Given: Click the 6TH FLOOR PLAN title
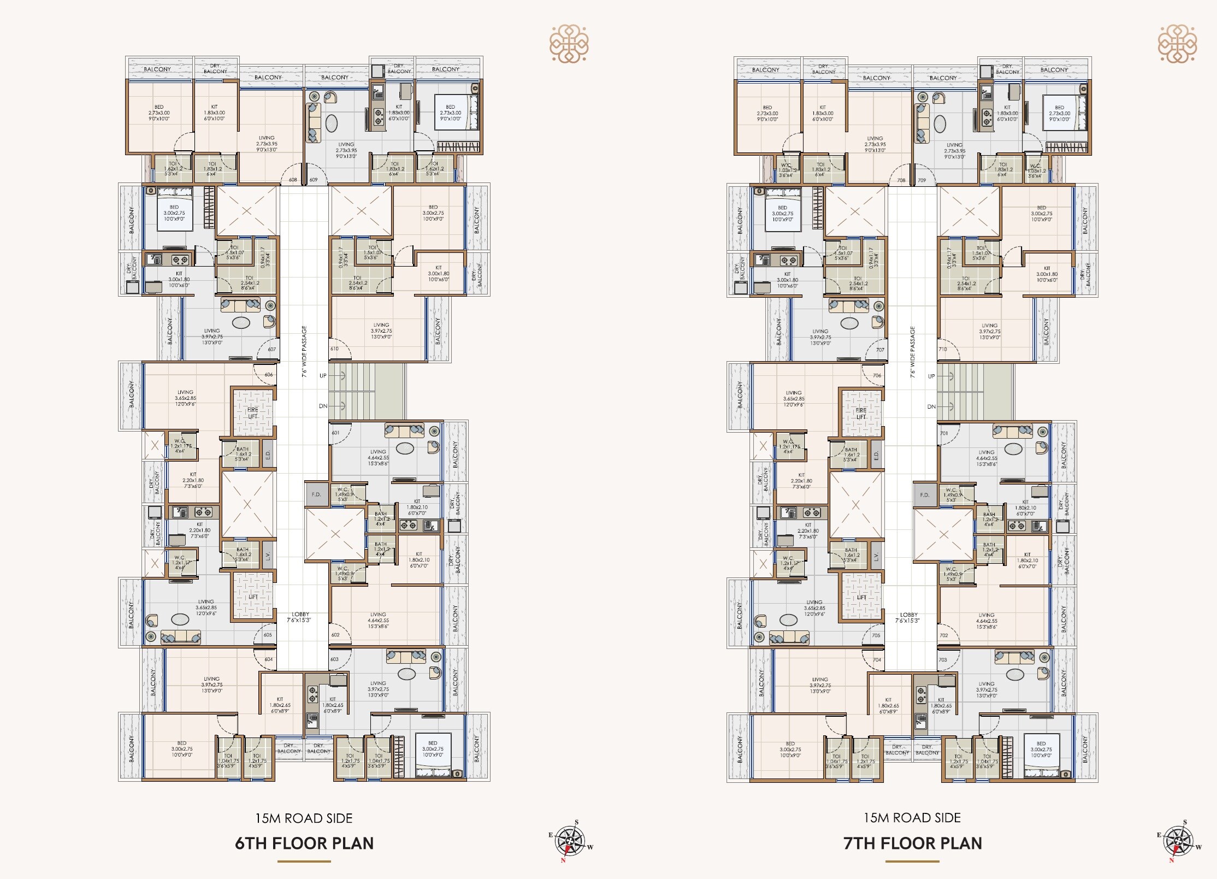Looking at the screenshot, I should coord(304,843).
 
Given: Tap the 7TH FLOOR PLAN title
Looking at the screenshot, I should coord(913,843).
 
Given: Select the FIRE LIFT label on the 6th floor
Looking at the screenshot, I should coord(253,412).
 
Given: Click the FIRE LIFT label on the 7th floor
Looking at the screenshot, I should coord(861,413).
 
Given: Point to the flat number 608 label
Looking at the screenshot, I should coord(293,180).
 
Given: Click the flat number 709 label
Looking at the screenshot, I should coord(922,180).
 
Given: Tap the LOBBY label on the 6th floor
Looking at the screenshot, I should coord(300,617).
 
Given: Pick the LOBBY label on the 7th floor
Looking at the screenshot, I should coord(908,617).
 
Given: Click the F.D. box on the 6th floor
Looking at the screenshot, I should coord(316,494).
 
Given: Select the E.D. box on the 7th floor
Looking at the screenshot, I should coord(876,455).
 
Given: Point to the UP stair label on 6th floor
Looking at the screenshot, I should coord(323,376).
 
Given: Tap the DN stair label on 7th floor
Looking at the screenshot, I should coord(931,406).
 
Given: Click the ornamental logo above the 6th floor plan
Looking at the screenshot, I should coord(569,43).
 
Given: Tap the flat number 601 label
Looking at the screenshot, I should coord(335,433).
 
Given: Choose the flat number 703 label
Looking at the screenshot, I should coord(943,660).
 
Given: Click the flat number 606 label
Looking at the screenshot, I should coord(269,375).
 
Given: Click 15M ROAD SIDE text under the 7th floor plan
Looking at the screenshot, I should coord(912,818).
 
